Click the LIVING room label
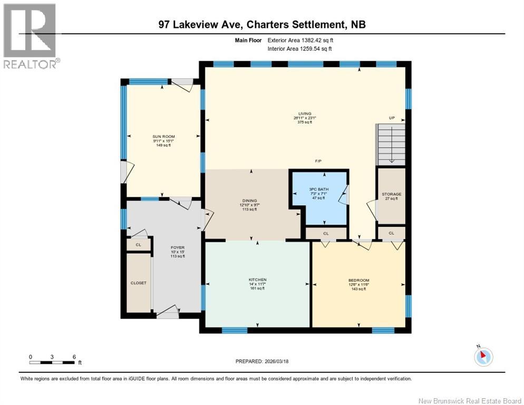click(x=304, y=113)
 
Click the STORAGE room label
click(x=391, y=194)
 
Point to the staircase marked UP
click(x=391, y=144)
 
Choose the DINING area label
click(x=249, y=201)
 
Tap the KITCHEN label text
click(x=257, y=279)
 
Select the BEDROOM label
click(x=358, y=280)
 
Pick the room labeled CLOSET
click(x=139, y=283)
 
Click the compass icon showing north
click(x=483, y=356)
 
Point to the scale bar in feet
click(x=52, y=362)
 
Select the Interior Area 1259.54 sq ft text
click(x=299, y=49)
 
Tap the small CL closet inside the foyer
click(x=139, y=245)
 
